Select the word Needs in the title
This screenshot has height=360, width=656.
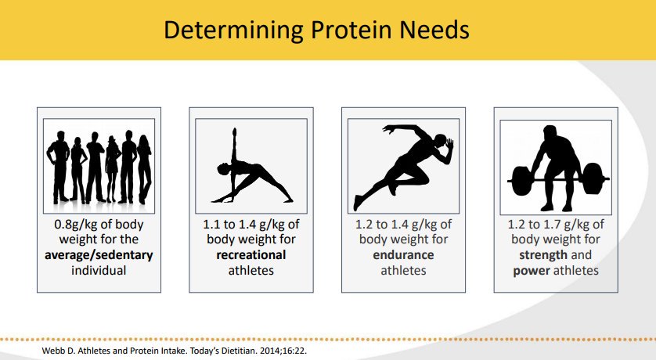pyautogui.click(x=434, y=30)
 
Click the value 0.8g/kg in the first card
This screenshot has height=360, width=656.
pyautogui.click(x=76, y=225)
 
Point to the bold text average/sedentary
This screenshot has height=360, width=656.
pyautogui.click(x=99, y=255)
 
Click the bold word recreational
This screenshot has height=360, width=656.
pyautogui.click(x=251, y=255)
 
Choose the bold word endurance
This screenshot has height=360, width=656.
pyautogui.click(x=403, y=255)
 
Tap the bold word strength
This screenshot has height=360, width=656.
pyautogui.click(x=543, y=255)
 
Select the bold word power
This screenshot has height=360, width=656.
pyautogui.click(x=532, y=271)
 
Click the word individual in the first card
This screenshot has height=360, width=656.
pyautogui.click(x=99, y=271)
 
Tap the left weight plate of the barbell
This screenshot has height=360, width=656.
pyautogui.click(x=521, y=181)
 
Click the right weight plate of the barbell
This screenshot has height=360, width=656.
pyautogui.click(x=593, y=179)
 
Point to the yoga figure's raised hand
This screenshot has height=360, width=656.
pyautogui.click(x=234, y=132)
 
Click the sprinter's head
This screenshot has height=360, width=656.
pyautogui.click(x=442, y=142)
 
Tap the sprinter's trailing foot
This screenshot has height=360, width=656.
pyautogui.click(x=357, y=202)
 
